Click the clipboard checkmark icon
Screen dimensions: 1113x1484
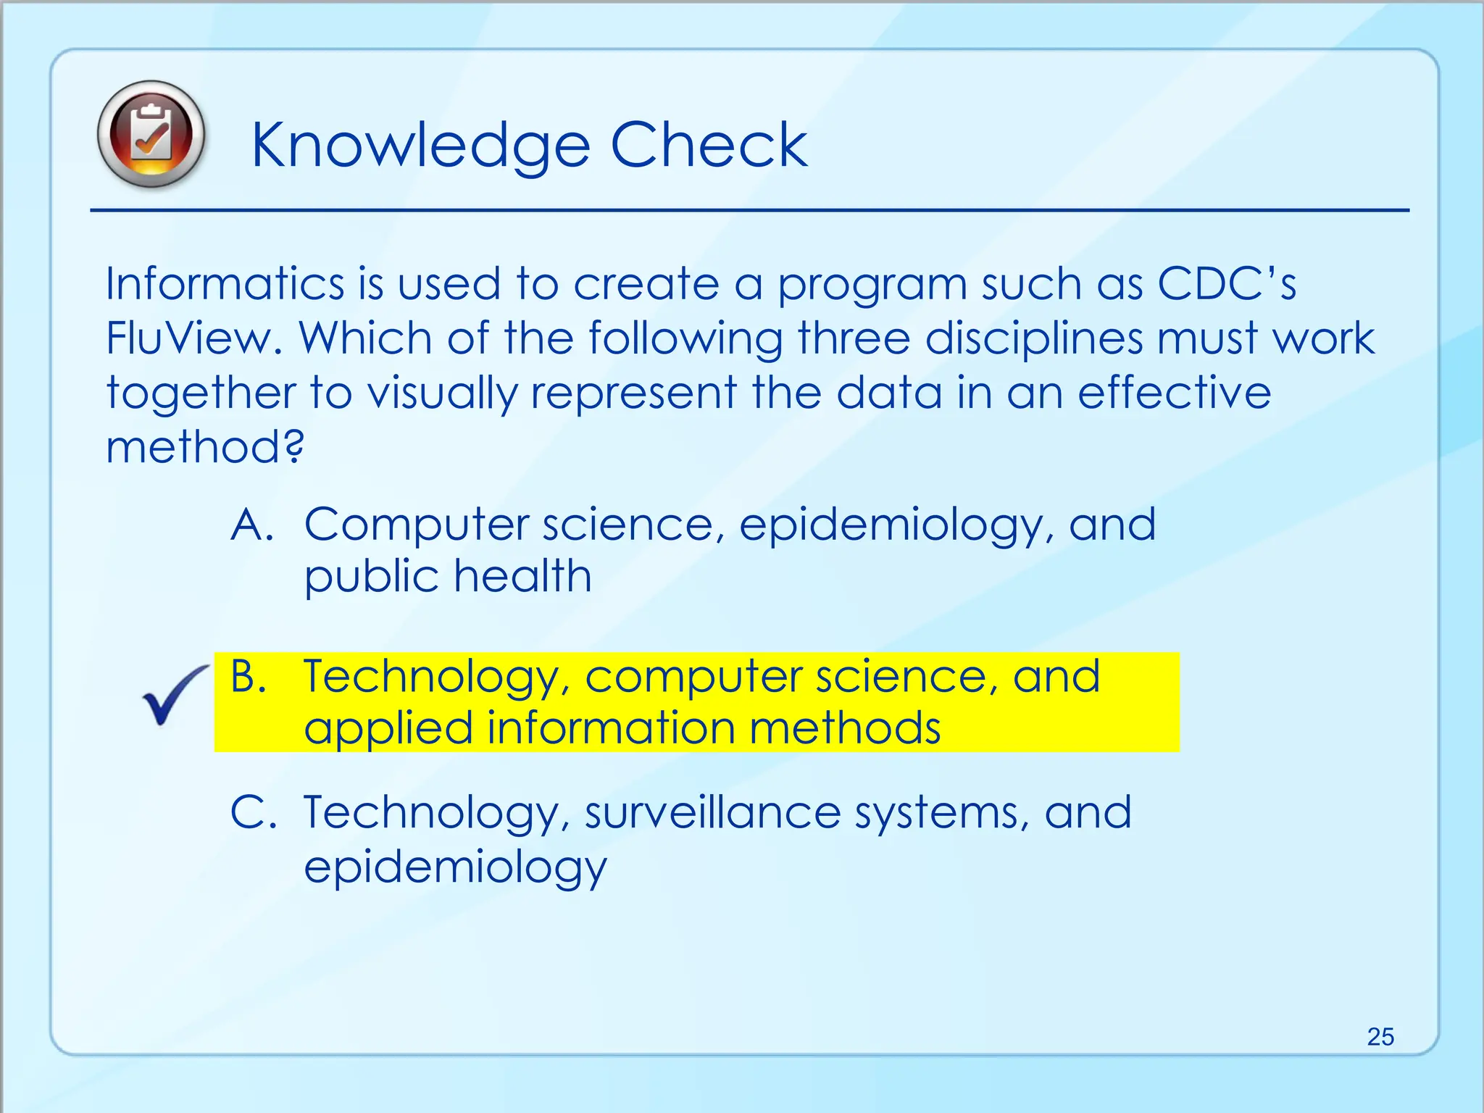(151, 135)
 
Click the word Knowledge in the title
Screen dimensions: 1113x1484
(420, 147)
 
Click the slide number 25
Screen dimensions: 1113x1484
(1380, 1037)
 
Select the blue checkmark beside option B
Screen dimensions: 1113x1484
(172, 695)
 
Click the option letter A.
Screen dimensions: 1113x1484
(251, 524)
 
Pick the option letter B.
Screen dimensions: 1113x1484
(249, 676)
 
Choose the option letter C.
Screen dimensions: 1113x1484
(252, 812)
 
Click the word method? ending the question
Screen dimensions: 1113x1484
(205, 447)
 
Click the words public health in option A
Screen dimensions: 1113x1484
(447, 577)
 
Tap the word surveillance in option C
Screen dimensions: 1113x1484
(712, 812)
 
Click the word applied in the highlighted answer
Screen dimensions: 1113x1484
(388, 729)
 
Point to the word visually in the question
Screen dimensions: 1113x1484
(441, 393)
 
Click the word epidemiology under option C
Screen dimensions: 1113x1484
(454, 867)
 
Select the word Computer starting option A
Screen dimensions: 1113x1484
(417, 525)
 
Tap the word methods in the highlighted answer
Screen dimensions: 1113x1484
(844, 728)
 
